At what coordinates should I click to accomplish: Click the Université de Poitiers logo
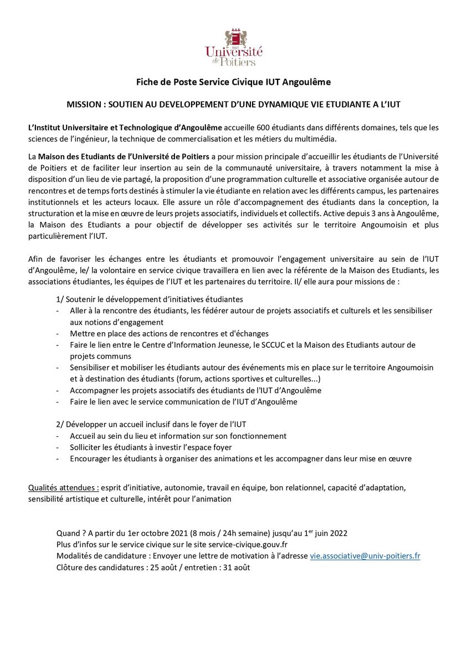(x=233, y=48)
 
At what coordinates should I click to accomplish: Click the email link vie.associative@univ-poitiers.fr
(x=365, y=556)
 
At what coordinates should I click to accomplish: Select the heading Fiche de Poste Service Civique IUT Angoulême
(x=233, y=82)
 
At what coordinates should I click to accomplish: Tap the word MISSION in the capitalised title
(x=84, y=104)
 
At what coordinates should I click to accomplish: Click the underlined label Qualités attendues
(x=63, y=488)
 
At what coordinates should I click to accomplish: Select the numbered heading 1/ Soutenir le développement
(x=150, y=299)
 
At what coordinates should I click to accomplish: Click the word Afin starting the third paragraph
(x=36, y=259)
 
